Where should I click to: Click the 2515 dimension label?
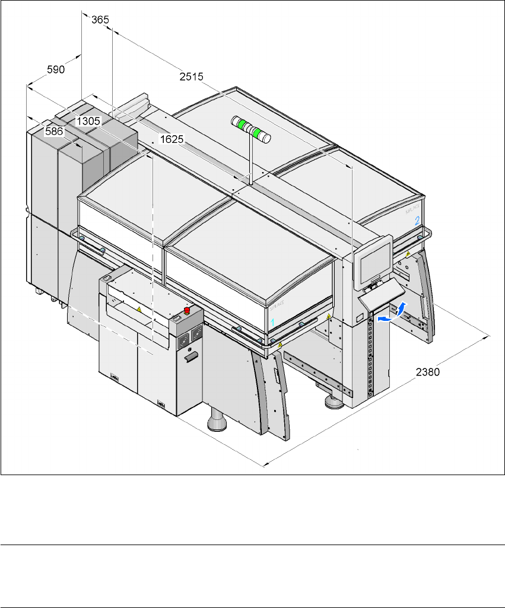pyautogui.click(x=191, y=77)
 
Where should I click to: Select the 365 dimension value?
pyautogui.click(x=100, y=20)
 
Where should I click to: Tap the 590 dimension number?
pyautogui.click(x=56, y=69)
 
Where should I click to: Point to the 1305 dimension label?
pyautogui.click(x=88, y=121)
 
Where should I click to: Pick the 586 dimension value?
pyautogui.click(x=54, y=131)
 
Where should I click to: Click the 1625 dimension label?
pyautogui.click(x=172, y=139)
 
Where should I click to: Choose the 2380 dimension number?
pyautogui.click(x=428, y=372)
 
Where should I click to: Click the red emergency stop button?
pyautogui.click(x=187, y=310)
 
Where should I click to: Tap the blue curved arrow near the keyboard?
pyautogui.click(x=392, y=312)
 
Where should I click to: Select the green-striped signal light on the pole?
pyautogui.click(x=251, y=129)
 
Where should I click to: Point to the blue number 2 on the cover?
pyautogui.click(x=417, y=221)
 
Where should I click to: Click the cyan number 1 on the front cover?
pyautogui.click(x=272, y=322)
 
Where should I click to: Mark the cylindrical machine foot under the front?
pyautogui.click(x=217, y=420)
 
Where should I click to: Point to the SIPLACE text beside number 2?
pyautogui.click(x=412, y=209)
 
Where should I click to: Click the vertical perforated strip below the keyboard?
pyautogui.click(x=370, y=354)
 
